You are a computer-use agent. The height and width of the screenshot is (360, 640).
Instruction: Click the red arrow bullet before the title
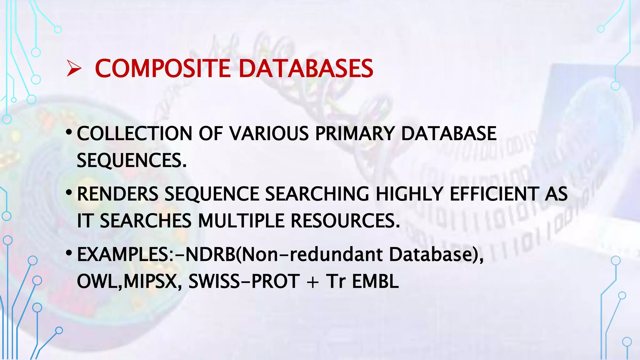74,69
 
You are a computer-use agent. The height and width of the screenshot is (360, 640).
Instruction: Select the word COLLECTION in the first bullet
134,134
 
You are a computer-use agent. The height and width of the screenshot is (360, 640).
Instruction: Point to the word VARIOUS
269,134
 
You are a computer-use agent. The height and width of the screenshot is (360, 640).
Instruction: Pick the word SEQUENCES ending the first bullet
131,161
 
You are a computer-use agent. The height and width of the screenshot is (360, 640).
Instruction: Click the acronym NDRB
211,254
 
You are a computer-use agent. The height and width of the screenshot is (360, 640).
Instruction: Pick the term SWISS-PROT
244,281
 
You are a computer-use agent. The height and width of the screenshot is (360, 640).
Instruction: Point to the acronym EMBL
375,281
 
